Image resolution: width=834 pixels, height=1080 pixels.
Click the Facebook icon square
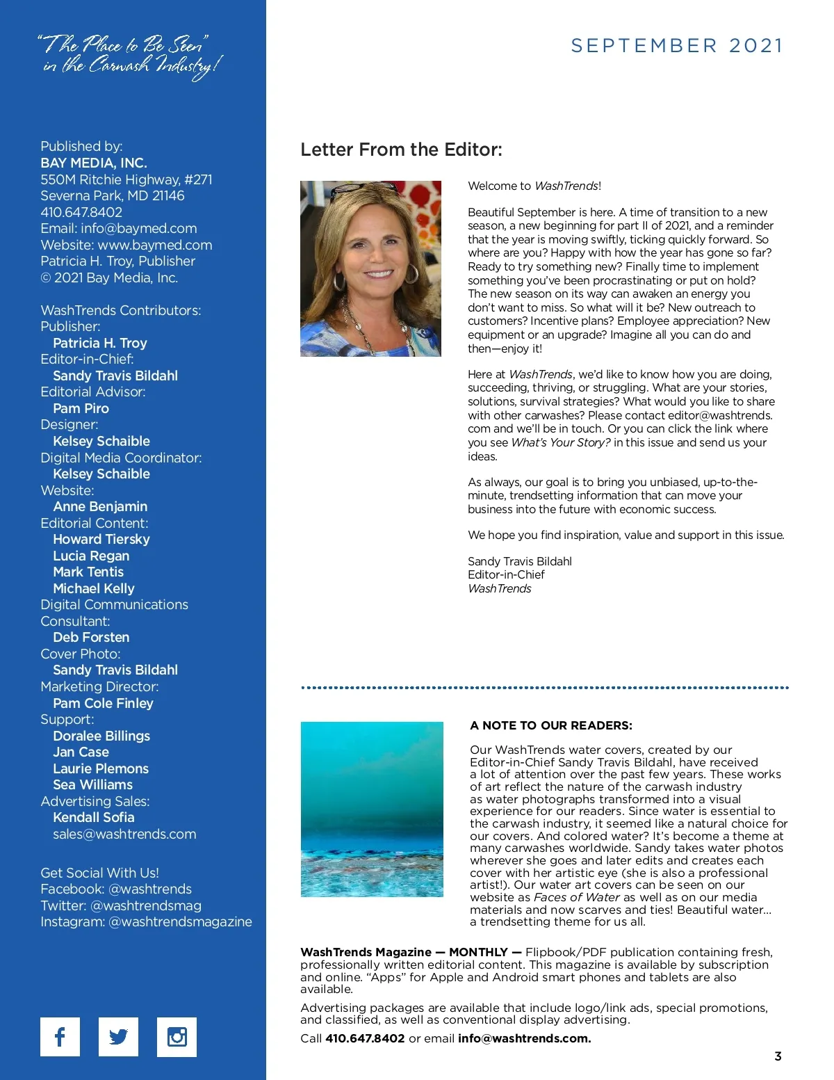(60, 1036)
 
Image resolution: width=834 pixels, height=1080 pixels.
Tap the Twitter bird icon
(118, 1036)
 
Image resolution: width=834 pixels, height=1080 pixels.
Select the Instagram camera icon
(177, 1036)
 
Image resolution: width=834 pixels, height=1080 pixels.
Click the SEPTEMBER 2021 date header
(677, 46)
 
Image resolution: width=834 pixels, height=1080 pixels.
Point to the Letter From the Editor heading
(401, 150)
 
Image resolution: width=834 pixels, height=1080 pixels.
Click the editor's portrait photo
(370, 268)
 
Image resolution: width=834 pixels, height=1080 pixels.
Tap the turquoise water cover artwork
(372, 809)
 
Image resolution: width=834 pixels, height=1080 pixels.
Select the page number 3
(778, 1056)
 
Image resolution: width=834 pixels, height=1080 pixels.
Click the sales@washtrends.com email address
(124, 834)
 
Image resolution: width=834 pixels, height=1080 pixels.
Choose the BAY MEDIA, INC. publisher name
(94, 163)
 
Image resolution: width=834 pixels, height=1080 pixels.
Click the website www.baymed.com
(154, 245)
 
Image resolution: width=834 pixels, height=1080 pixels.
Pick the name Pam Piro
(81, 408)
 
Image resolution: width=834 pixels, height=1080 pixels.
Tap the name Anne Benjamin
(100, 506)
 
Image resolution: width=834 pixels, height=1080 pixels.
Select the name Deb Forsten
(91, 637)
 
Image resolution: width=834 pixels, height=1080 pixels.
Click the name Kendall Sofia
(94, 817)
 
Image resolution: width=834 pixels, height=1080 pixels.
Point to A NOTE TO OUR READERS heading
(551, 725)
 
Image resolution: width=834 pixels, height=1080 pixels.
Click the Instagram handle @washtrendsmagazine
(180, 921)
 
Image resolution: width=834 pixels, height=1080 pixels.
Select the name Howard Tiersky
(101, 539)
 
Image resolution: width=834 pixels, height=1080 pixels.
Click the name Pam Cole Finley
(103, 703)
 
